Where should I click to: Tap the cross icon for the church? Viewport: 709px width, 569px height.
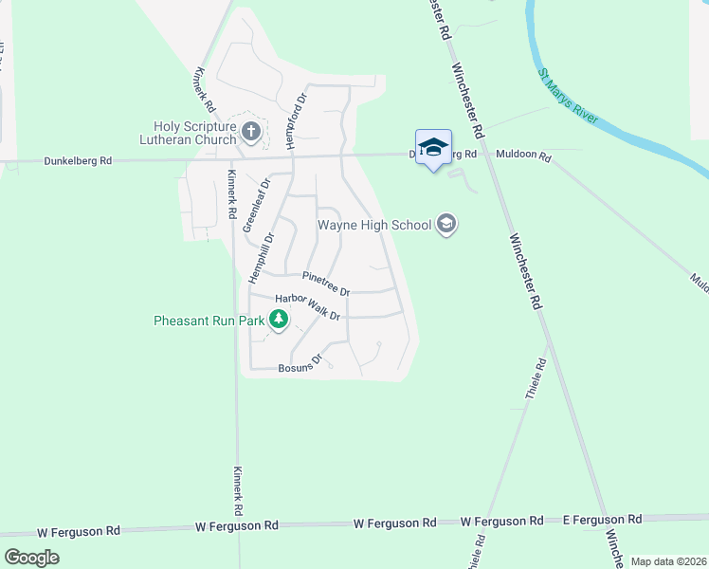pos(251,132)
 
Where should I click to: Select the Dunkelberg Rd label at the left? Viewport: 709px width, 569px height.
pos(78,161)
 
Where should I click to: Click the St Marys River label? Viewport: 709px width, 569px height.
pos(568,96)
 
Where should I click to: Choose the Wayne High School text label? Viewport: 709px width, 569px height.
pos(373,226)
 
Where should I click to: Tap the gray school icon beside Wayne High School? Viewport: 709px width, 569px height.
pos(446,225)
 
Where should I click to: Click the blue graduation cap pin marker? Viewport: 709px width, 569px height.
pos(433,147)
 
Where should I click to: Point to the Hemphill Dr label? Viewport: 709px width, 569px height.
pos(261,258)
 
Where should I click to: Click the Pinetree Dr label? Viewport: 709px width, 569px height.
pos(326,283)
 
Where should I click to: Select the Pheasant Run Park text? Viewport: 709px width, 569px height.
pos(209,321)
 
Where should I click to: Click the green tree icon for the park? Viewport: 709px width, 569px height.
pos(278,321)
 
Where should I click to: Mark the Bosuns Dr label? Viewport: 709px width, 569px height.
pos(301,363)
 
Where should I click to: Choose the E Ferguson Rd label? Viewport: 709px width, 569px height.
pos(601,519)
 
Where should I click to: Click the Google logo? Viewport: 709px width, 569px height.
pos(31,557)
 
